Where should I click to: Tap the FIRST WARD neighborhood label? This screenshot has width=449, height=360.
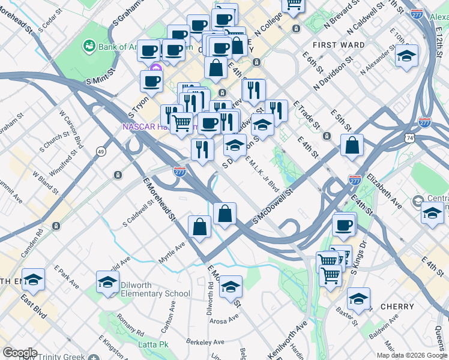[339, 45]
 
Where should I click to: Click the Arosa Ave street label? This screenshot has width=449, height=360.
[226, 321]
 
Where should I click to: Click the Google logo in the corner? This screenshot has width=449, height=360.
[20, 353]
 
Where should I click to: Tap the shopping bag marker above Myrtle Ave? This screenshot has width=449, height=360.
[200, 227]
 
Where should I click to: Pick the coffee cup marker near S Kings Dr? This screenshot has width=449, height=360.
[345, 225]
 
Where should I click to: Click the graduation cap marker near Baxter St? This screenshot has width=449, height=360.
[358, 298]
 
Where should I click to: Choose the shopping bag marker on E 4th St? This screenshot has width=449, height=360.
[352, 145]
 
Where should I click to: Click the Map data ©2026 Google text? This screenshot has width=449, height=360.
[411, 355]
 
